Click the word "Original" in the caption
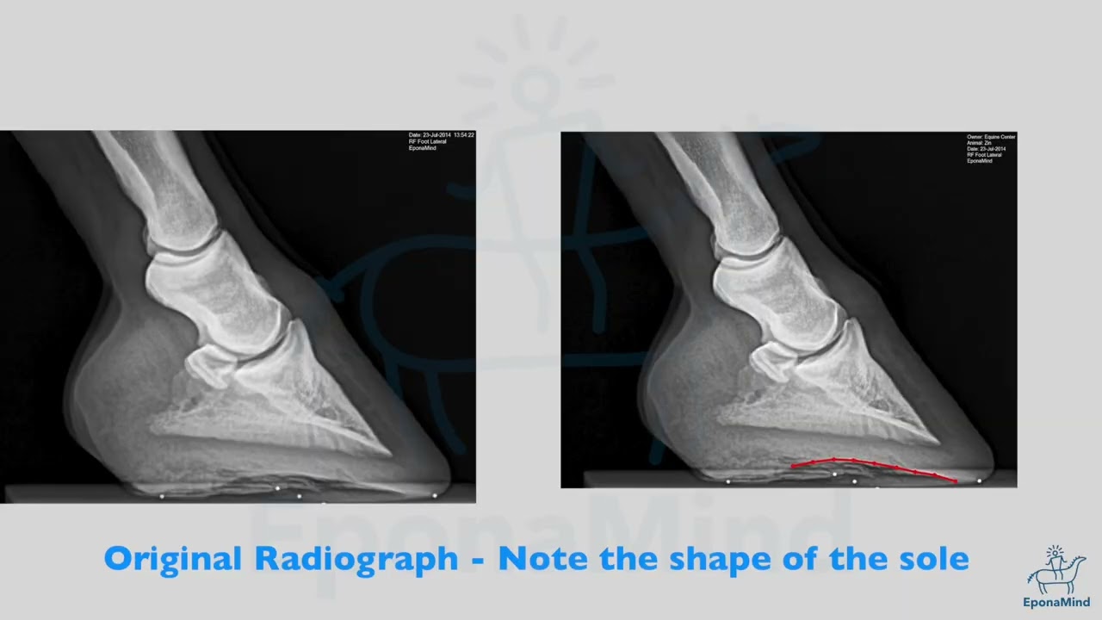(172, 559)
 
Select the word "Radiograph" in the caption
(356, 559)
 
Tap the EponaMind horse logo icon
(1056, 571)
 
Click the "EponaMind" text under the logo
(1056, 602)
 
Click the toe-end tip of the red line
(956, 480)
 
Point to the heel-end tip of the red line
(793, 467)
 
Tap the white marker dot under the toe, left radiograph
(434, 495)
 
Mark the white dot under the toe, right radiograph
(979, 480)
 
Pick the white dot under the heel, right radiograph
(728, 481)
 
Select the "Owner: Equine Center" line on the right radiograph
(991, 137)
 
